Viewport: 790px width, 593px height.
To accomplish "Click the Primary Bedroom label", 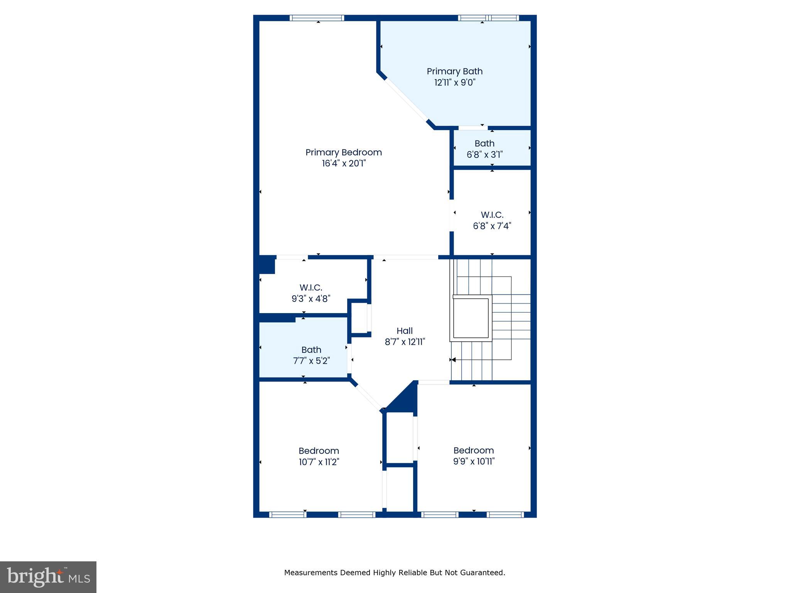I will pos(343,152).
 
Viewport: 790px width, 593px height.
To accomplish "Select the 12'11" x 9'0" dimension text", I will pos(455,83).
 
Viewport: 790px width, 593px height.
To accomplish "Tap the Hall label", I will pos(404,331).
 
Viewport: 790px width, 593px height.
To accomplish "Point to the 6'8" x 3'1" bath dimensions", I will pos(484,155).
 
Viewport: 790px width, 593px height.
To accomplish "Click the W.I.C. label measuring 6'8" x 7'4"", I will pos(492,215).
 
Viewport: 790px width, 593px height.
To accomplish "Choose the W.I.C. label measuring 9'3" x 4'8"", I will pos(311,288).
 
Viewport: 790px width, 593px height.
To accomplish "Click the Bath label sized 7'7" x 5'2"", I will pos(311,350).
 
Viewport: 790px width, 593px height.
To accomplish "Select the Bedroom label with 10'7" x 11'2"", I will pos(319,451).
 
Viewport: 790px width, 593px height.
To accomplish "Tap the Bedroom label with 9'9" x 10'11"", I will pos(473,451).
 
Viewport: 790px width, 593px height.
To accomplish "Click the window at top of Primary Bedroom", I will pos(317,18).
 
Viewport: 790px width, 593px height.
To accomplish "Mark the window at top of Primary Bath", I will pos(488,18).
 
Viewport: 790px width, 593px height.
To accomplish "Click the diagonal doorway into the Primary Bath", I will pos(406,100).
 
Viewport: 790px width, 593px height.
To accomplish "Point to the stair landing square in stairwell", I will pos(471,318).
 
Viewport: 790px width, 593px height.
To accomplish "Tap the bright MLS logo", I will pos(48,577).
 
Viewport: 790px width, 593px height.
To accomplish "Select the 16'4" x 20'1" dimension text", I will pos(343,164).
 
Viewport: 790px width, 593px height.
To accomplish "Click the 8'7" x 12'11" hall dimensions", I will pos(404,342).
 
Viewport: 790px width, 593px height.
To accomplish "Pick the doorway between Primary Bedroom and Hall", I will pos(405,257).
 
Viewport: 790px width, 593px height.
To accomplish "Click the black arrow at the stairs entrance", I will pos(453,360).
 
